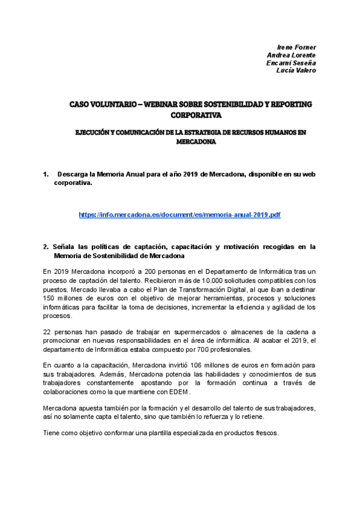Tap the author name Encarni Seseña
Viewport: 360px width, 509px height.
[x=291, y=62]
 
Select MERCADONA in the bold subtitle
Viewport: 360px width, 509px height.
[x=196, y=143]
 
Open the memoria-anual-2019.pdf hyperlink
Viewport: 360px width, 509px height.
[x=179, y=214]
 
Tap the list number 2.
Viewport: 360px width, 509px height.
[x=46, y=247]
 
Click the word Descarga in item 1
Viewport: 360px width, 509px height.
[x=72, y=174]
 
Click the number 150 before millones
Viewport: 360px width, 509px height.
[x=50, y=298]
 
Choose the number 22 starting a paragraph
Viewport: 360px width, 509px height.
[x=47, y=331]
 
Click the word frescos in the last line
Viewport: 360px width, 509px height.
[x=265, y=433]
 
